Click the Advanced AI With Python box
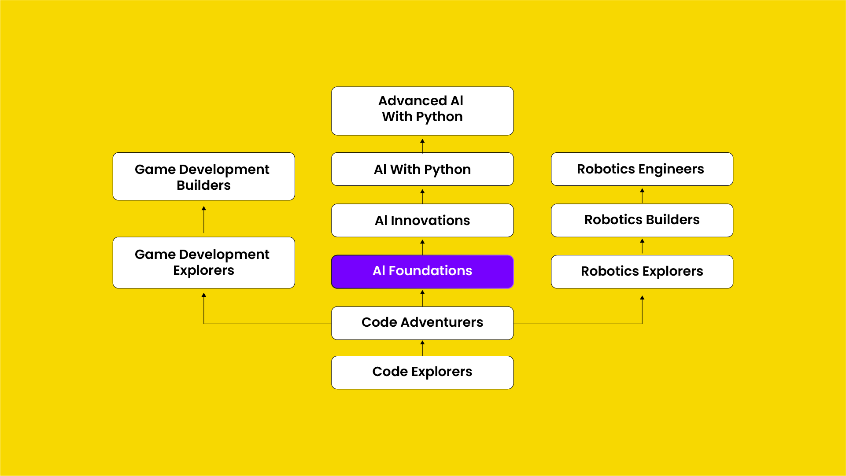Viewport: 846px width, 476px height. [x=422, y=111]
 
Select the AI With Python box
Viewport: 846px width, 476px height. [x=422, y=169]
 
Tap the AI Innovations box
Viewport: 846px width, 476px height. [x=422, y=220]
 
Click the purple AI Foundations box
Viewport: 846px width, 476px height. [x=422, y=271]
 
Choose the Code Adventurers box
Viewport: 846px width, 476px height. [x=422, y=323]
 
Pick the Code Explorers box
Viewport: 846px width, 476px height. [x=422, y=372]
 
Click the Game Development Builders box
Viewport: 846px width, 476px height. [x=203, y=177]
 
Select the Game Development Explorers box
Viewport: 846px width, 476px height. [x=203, y=262]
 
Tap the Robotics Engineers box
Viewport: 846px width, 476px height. [x=642, y=169]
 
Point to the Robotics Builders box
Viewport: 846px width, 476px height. [x=642, y=220]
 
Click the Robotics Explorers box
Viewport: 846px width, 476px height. [x=642, y=271]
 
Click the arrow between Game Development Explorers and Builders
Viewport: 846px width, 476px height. [x=203, y=219]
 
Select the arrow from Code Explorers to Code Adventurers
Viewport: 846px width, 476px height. [x=422, y=348]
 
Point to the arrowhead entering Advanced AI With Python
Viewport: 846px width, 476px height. [x=422, y=141]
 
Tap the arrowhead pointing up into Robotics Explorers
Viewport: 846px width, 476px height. [x=642, y=298]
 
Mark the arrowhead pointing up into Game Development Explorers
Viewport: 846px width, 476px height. [x=203, y=295]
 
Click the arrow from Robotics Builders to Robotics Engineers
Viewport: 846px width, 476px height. [x=642, y=195]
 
